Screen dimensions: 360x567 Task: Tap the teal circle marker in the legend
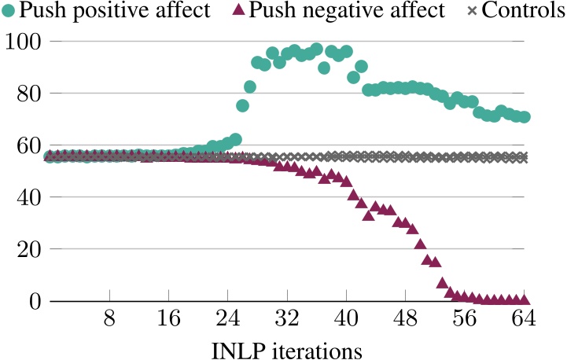9,11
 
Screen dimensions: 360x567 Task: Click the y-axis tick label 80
31,93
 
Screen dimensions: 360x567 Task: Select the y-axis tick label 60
31,145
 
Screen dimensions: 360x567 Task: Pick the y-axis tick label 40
31,197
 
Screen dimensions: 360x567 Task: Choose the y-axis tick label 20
31,248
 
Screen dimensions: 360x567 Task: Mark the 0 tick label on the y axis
37,300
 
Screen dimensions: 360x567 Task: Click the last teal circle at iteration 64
525,117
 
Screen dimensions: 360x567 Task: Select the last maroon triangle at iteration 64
525,299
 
